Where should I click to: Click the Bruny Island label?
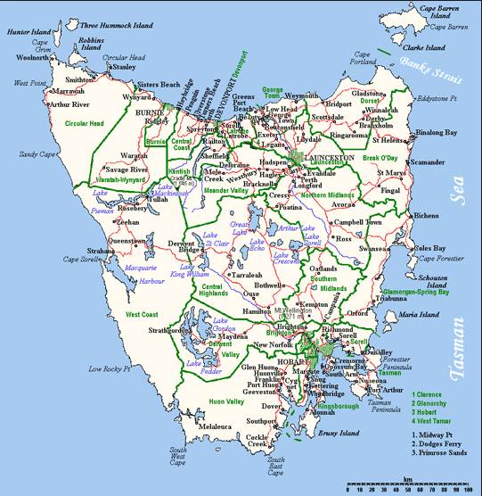(x=340, y=434)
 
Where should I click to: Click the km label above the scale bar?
(x=408, y=479)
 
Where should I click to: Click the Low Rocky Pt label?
(x=109, y=368)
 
